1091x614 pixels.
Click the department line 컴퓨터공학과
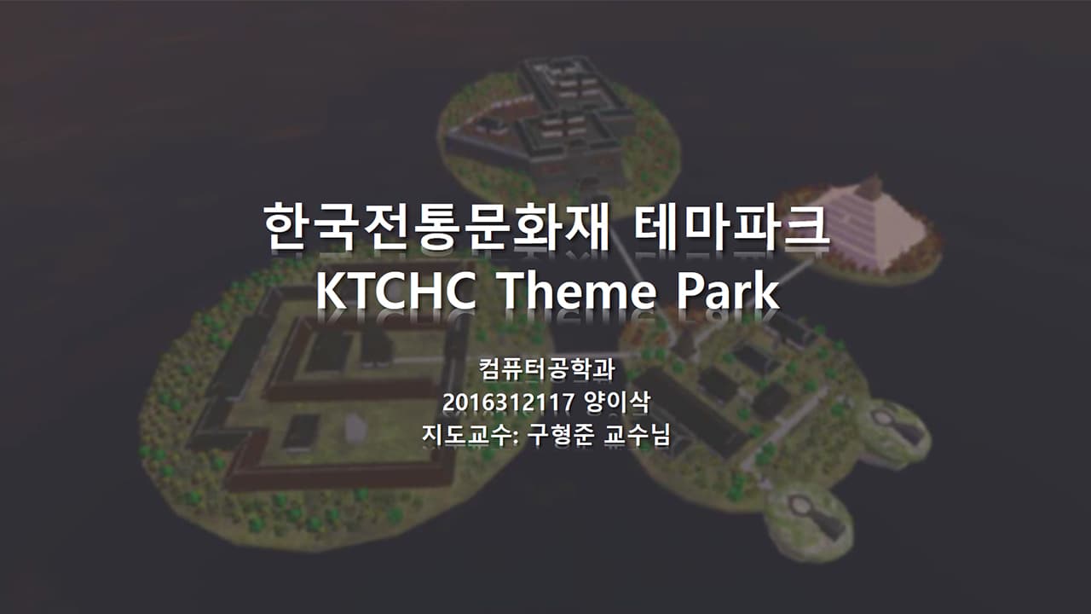pos(546,371)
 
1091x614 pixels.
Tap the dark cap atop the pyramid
pos(869,185)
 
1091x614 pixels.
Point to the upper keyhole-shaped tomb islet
pos(893,431)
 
